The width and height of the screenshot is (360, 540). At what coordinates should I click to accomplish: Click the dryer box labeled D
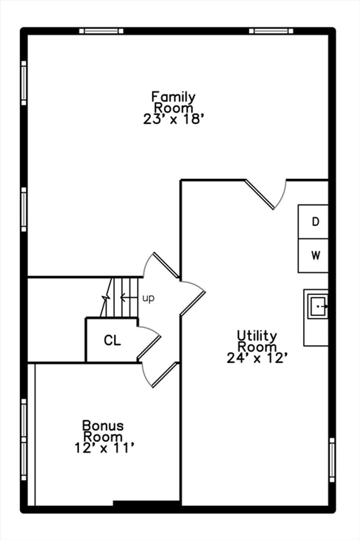click(x=313, y=222)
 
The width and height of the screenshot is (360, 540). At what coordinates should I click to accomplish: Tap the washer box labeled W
click(x=313, y=256)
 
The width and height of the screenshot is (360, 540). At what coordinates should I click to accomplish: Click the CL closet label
click(x=112, y=340)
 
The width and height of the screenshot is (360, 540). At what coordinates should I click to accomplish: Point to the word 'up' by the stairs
click(x=148, y=298)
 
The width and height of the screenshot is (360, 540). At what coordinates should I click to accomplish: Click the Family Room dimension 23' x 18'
click(x=174, y=119)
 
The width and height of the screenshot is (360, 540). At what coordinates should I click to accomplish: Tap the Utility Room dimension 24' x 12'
click(x=257, y=358)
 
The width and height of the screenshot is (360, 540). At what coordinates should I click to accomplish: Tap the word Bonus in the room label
click(x=103, y=426)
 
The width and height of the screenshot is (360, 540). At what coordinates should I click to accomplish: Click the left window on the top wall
click(x=101, y=31)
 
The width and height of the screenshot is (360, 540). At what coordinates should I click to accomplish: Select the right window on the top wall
click(x=271, y=31)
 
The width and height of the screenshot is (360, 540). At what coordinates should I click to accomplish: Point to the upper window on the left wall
click(x=24, y=83)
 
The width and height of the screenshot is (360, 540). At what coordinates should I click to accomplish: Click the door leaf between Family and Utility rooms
click(x=259, y=194)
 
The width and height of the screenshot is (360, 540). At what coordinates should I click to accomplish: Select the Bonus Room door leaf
click(x=166, y=375)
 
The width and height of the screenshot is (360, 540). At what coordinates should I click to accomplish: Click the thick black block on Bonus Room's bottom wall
click(x=147, y=503)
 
